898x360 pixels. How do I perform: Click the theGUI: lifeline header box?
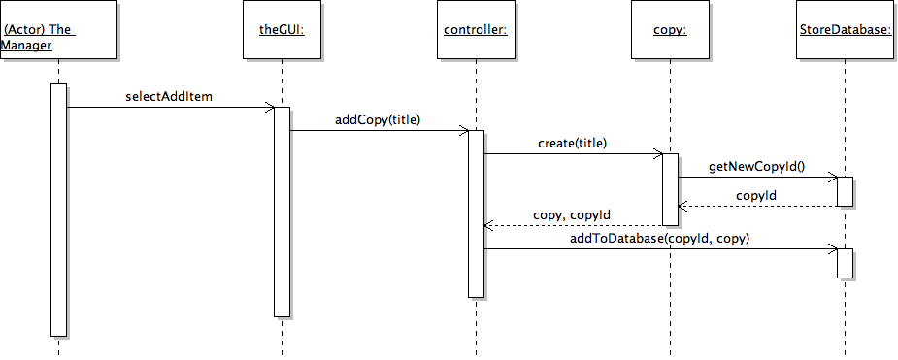(x=282, y=29)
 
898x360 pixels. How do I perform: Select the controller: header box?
(x=476, y=29)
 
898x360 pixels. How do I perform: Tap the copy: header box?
(x=670, y=29)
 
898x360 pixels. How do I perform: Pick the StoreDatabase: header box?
(x=846, y=29)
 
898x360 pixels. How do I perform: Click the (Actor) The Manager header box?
(x=58, y=29)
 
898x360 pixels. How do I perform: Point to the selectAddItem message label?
(x=169, y=96)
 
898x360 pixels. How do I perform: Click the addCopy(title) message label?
(x=378, y=120)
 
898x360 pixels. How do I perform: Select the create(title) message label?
(x=572, y=144)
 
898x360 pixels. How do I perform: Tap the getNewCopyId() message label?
(x=756, y=167)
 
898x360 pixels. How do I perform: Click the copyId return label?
(x=756, y=196)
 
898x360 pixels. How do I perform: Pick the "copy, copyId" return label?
(x=572, y=215)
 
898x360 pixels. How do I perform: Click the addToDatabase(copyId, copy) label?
(x=659, y=239)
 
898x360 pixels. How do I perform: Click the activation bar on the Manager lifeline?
(x=58, y=210)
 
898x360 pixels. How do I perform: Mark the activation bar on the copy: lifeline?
(x=670, y=189)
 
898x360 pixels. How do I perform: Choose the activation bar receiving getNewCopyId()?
(x=845, y=191)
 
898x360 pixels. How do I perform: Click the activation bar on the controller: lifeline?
(x=476, y=214)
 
